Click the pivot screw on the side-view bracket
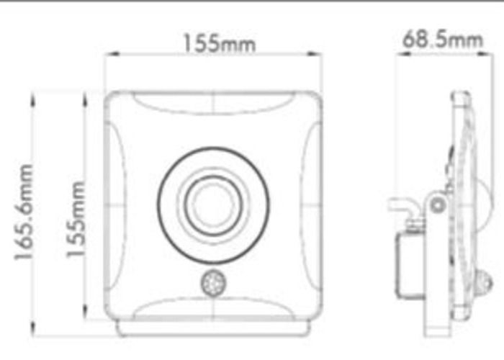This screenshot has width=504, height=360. click(437, 206)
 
